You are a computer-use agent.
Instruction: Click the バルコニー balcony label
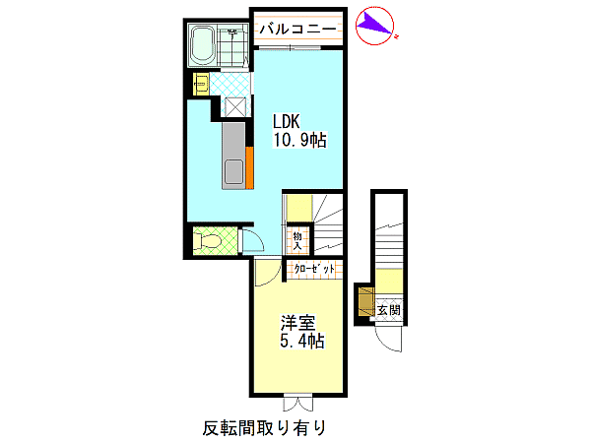(x=297, y=29)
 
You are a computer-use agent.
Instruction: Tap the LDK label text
(x=287, y=122)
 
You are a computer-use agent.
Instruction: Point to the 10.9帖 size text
(x=299, y=140)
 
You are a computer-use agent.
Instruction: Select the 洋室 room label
(x=297, y=323)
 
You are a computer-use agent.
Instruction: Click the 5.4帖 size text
(x=302, y=341)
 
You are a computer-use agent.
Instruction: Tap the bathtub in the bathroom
(x=203, y=46)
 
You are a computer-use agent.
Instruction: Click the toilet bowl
(x=207, y=241)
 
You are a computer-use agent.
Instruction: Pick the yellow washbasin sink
(x=201, y=84)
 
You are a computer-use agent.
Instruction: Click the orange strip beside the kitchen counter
(x=249, y=167)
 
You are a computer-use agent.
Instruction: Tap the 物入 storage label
(x=297, y=241)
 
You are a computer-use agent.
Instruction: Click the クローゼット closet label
(x=314, y=269)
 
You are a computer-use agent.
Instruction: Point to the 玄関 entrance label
(x=389, y=310)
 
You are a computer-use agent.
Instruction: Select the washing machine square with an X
(x=235, y=106)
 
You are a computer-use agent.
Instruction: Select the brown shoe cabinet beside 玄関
(x=365, y=302)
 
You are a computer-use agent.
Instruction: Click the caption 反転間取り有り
(x=265, y=427)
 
